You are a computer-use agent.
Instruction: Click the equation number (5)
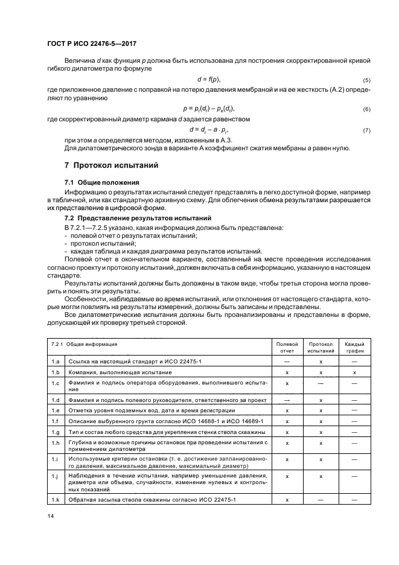point(366,80)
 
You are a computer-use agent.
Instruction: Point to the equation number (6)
point(366,109)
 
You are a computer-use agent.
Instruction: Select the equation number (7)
point(366,130)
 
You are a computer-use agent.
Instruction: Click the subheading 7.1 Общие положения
point(101,182)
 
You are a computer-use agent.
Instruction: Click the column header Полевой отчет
point(286,346)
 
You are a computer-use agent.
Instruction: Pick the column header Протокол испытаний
point(320,346)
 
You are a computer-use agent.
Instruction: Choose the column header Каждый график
point(354,346)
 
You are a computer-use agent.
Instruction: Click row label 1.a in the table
point(56,361)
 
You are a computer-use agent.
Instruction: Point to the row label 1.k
point(56,500)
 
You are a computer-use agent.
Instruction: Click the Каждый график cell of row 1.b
point(354,372)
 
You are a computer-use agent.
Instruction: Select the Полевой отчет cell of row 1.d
point(286,400)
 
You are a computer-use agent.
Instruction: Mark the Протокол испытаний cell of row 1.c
point(320,383)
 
